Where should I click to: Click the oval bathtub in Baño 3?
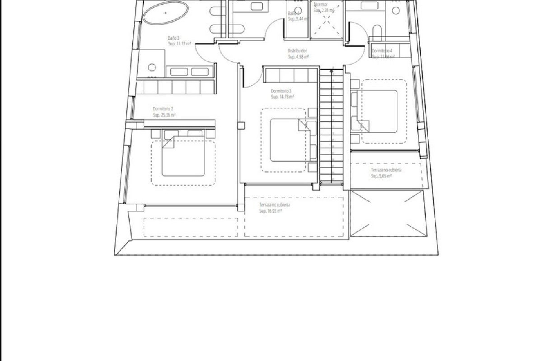[165, 13]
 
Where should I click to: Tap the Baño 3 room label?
[173, 38]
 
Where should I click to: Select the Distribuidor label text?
[297, 51]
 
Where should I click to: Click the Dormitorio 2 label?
[163, 109]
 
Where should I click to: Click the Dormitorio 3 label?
[281, 91]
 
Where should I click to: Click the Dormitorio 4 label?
[382, 51]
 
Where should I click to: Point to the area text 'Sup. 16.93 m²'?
[270, 211]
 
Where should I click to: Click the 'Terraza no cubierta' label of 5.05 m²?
[386, 170]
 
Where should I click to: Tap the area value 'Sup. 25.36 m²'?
[164, 115]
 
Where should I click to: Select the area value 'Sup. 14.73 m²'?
[282, 97]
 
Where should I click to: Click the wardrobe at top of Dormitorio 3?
[291, 75]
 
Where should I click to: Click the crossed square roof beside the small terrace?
[388, 213]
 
